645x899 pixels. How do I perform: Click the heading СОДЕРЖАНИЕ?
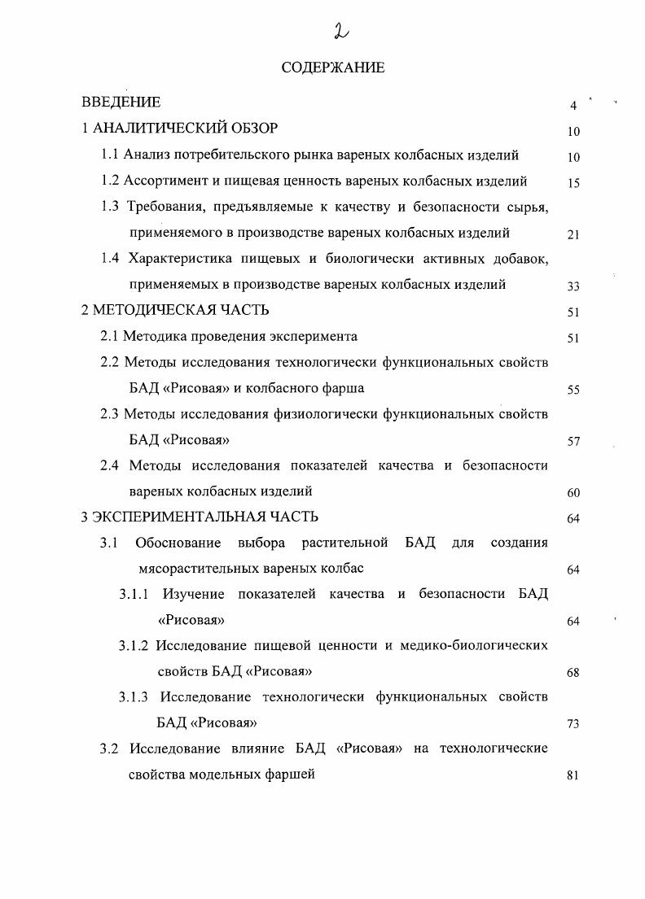click(332, 68)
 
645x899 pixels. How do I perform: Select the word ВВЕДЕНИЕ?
click(121, 103)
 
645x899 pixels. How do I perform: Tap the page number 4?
click(573, 106)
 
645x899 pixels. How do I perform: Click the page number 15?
click(573, 183)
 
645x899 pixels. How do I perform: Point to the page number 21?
click(573, 235)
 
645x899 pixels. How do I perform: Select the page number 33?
click(573, 286)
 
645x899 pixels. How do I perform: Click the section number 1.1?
click(110, 155)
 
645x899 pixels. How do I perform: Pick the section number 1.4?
click(110, 259)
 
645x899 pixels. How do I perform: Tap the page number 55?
click(573, 391)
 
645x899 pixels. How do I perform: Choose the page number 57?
click(573, 443)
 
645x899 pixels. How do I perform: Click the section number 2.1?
click(110, 336)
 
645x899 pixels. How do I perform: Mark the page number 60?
click(573, 493)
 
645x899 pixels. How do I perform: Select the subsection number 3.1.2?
click(134, 646)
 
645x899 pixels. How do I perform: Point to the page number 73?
click(573, 725)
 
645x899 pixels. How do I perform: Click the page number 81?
click(573, 776)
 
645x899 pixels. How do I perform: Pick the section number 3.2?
click(110, 748)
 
